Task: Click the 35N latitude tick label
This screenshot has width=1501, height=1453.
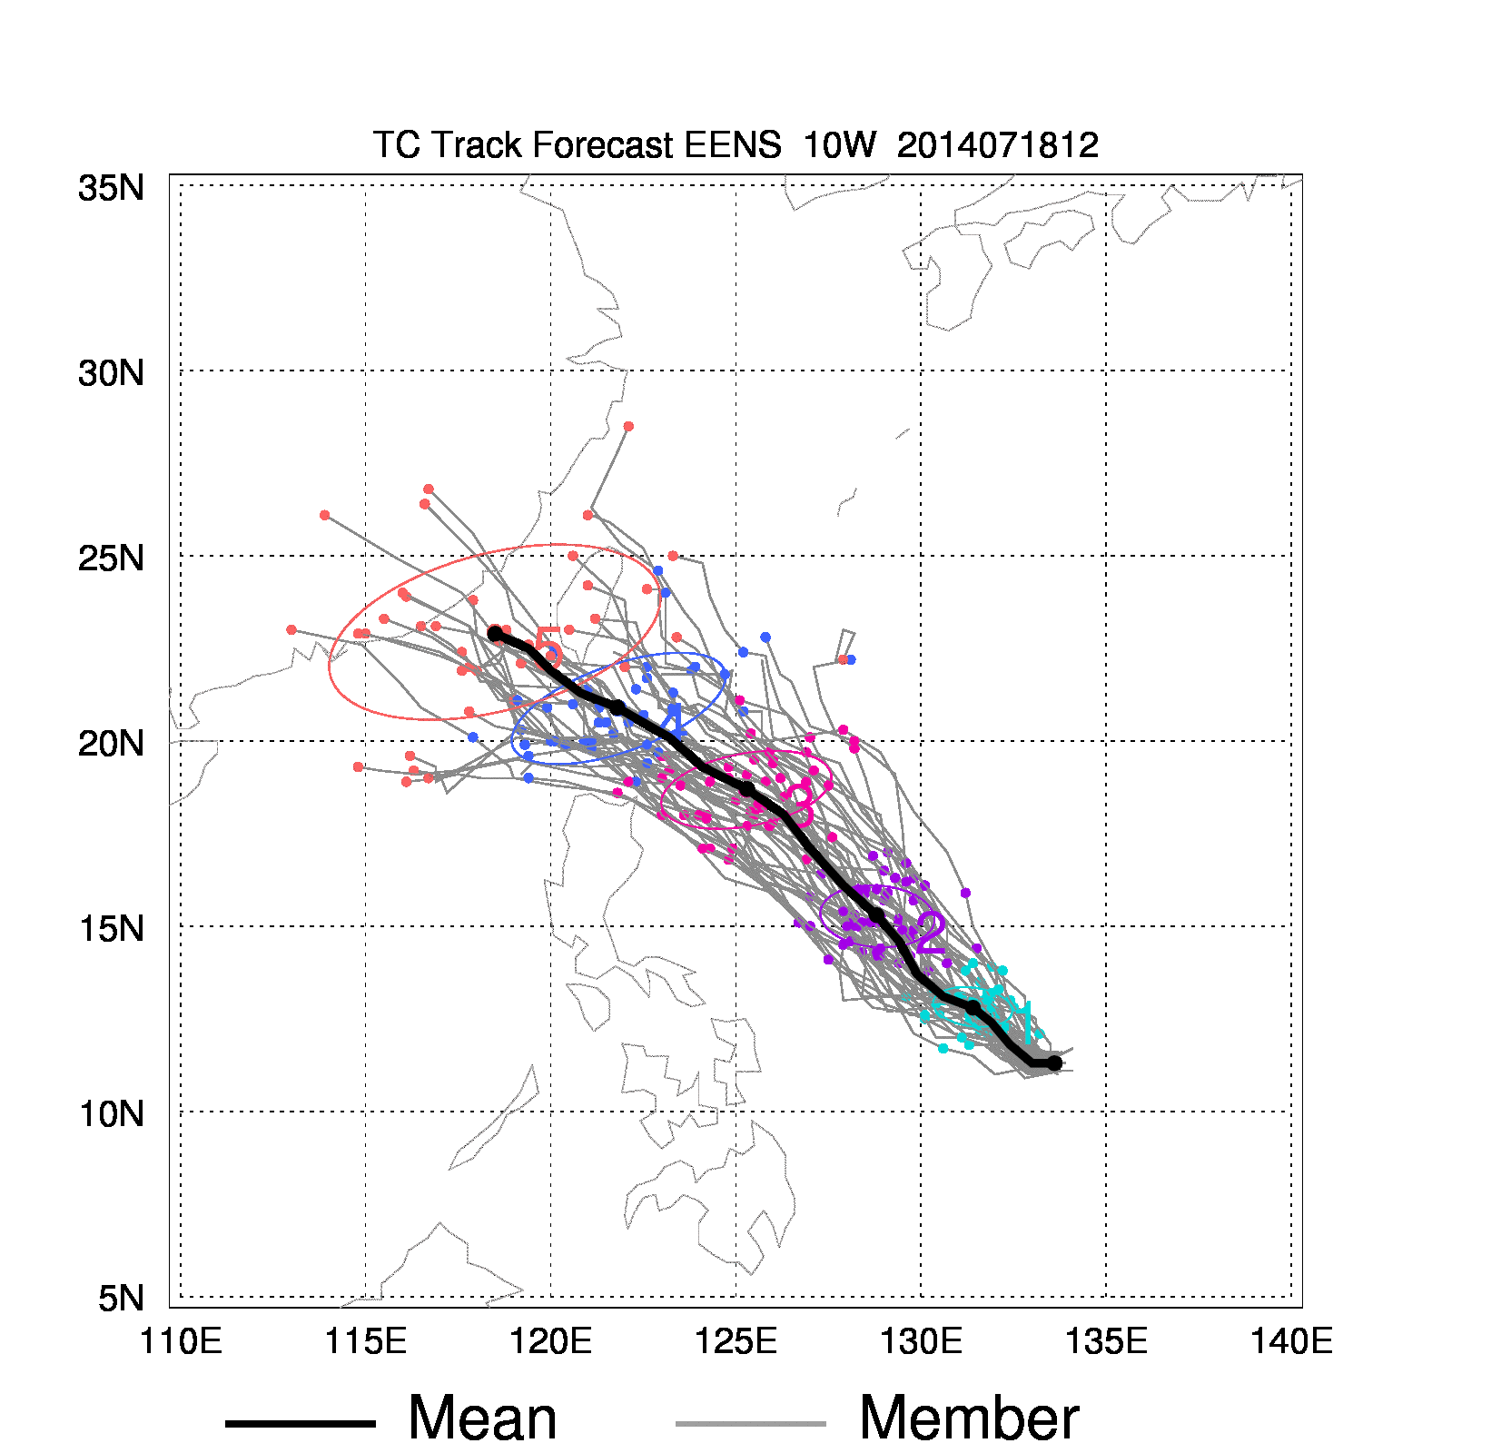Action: tap(111, 188)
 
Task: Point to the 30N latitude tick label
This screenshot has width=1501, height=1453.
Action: tap(111, 373)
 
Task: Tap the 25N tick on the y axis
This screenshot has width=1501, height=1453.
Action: tap(111, 558)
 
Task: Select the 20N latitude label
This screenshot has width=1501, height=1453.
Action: tap(111, 744)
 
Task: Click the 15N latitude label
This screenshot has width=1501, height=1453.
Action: tap(111, 929)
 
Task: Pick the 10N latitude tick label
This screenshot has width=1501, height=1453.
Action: tap(111, 1114)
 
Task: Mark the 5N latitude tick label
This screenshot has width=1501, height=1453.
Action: tap(121, 1299)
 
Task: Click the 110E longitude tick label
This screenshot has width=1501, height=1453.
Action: tap(181, 1341)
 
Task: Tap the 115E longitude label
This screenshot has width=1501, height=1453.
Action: tap(366, 1341)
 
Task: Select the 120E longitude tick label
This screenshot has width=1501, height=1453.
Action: tap(551, 1341)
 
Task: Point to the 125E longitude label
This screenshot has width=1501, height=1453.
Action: tap(736, 1341)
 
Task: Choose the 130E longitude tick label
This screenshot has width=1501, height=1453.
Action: tap(922, 1341)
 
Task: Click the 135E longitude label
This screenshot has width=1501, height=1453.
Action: tap(1107, 1341)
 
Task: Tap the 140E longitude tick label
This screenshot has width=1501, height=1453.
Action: tap(1292, 1341)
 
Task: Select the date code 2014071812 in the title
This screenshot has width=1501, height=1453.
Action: tap(998, 145)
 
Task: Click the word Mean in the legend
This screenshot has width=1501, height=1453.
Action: tap(482, 1418)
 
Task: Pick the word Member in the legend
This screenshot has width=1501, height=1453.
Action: tap(969, 1418)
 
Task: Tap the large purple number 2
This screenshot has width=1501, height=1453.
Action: tap(931, 933)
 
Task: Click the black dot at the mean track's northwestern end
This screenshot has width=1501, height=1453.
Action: tap(495, 634)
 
